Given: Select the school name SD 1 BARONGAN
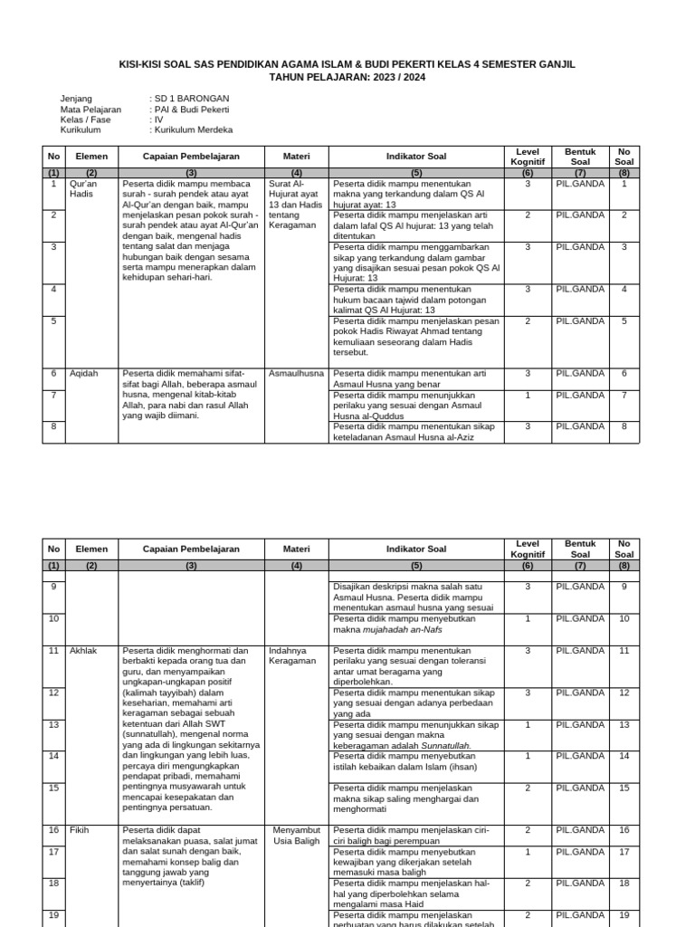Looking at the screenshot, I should pos(191,98).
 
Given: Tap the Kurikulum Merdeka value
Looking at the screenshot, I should pos(193,129).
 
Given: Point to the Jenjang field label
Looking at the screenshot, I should pos(76,98).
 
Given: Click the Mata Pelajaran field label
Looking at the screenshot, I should pos(90,109).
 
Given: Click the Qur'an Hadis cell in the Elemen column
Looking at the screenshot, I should pos(81,188).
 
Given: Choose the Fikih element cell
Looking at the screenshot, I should pos(80,830).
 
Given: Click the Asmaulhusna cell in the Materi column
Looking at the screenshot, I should pos(296,373).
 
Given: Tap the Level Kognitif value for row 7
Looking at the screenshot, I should pos(528,396).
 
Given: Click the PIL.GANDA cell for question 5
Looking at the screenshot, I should pos(580,321).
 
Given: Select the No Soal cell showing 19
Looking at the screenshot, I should pos(624,915).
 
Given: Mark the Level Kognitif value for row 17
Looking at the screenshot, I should pos(528,852).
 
